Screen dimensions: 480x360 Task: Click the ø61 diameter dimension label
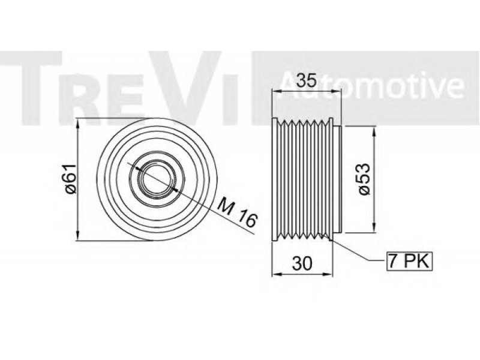tap(71, 179)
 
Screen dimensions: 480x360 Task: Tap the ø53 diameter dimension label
tap(364, 179)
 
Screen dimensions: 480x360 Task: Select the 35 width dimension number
tap(307, 81)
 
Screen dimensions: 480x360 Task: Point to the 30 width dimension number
tap(302, 263)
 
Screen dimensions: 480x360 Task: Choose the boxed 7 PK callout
tap(410, 261)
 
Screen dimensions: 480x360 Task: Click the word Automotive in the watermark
tap(371, 86)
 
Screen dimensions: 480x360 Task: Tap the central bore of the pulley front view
tap(157, 179)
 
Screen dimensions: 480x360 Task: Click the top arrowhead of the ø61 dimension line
tap(78, 123)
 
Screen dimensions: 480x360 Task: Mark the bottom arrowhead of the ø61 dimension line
tap(78, 235)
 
